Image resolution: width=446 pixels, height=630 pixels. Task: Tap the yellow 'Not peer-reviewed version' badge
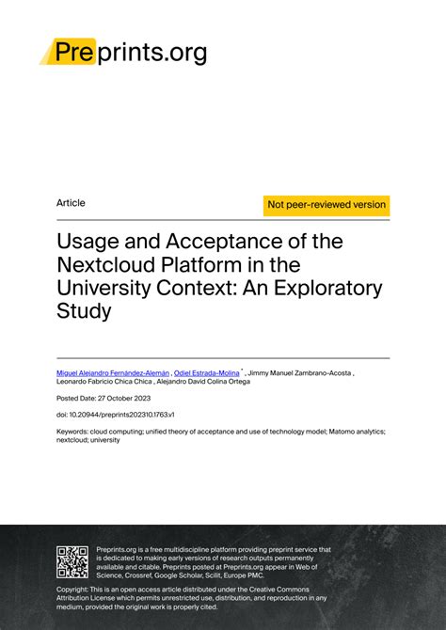(x=327, y=205)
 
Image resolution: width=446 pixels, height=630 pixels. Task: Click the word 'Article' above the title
(x=71, y=203)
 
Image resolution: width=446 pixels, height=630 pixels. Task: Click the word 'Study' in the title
(x=84, y=310)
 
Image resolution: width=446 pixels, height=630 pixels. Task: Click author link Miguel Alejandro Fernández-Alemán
(x=114, y=373)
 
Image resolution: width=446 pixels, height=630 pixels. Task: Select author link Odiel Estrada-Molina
(x=207, y=373)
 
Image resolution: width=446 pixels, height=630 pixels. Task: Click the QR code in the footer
(x=72, y=561)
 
